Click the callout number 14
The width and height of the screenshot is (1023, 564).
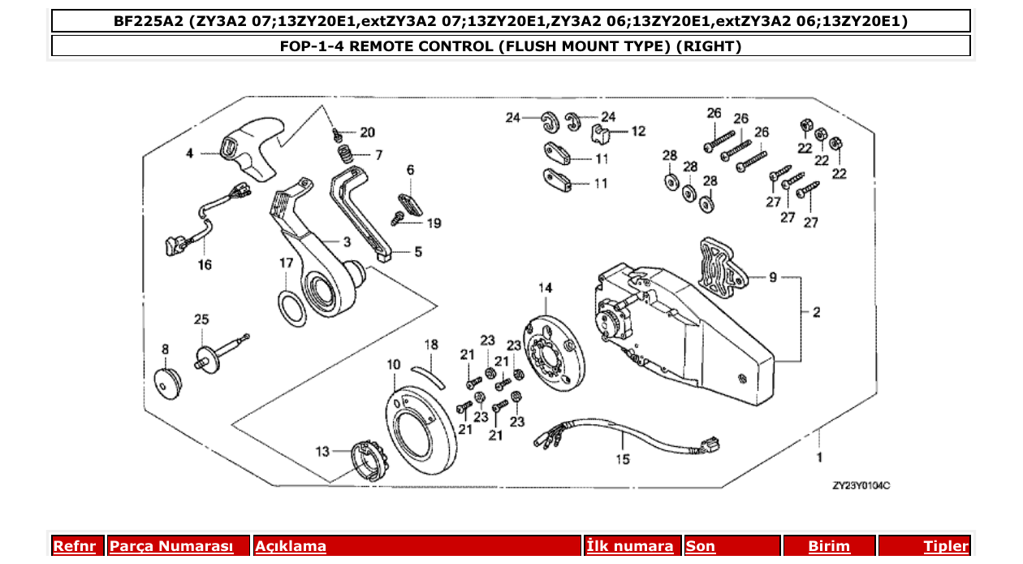tap(545, 288)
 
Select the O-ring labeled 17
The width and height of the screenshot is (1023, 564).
tap(291, 309)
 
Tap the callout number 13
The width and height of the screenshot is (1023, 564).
tap(323, 451)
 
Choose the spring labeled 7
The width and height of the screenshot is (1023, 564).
tap(344, 154)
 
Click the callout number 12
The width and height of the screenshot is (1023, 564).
tap(638, 131)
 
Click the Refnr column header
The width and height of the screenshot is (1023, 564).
tap(74, 546)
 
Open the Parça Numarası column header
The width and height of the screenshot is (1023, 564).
tap(171, 546)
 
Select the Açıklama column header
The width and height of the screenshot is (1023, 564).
tap(291, 546)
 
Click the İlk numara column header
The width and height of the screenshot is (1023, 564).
tap(630, 546)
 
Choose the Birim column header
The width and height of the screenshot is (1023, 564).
tap(829, 546)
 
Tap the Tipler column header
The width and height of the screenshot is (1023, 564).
tap(946, 546)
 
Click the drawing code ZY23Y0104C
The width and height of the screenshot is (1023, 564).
tap(861, 485)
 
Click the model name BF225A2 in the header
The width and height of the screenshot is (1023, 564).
tap(149, 21)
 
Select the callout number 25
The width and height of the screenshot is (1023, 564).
tap(201, 320)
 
